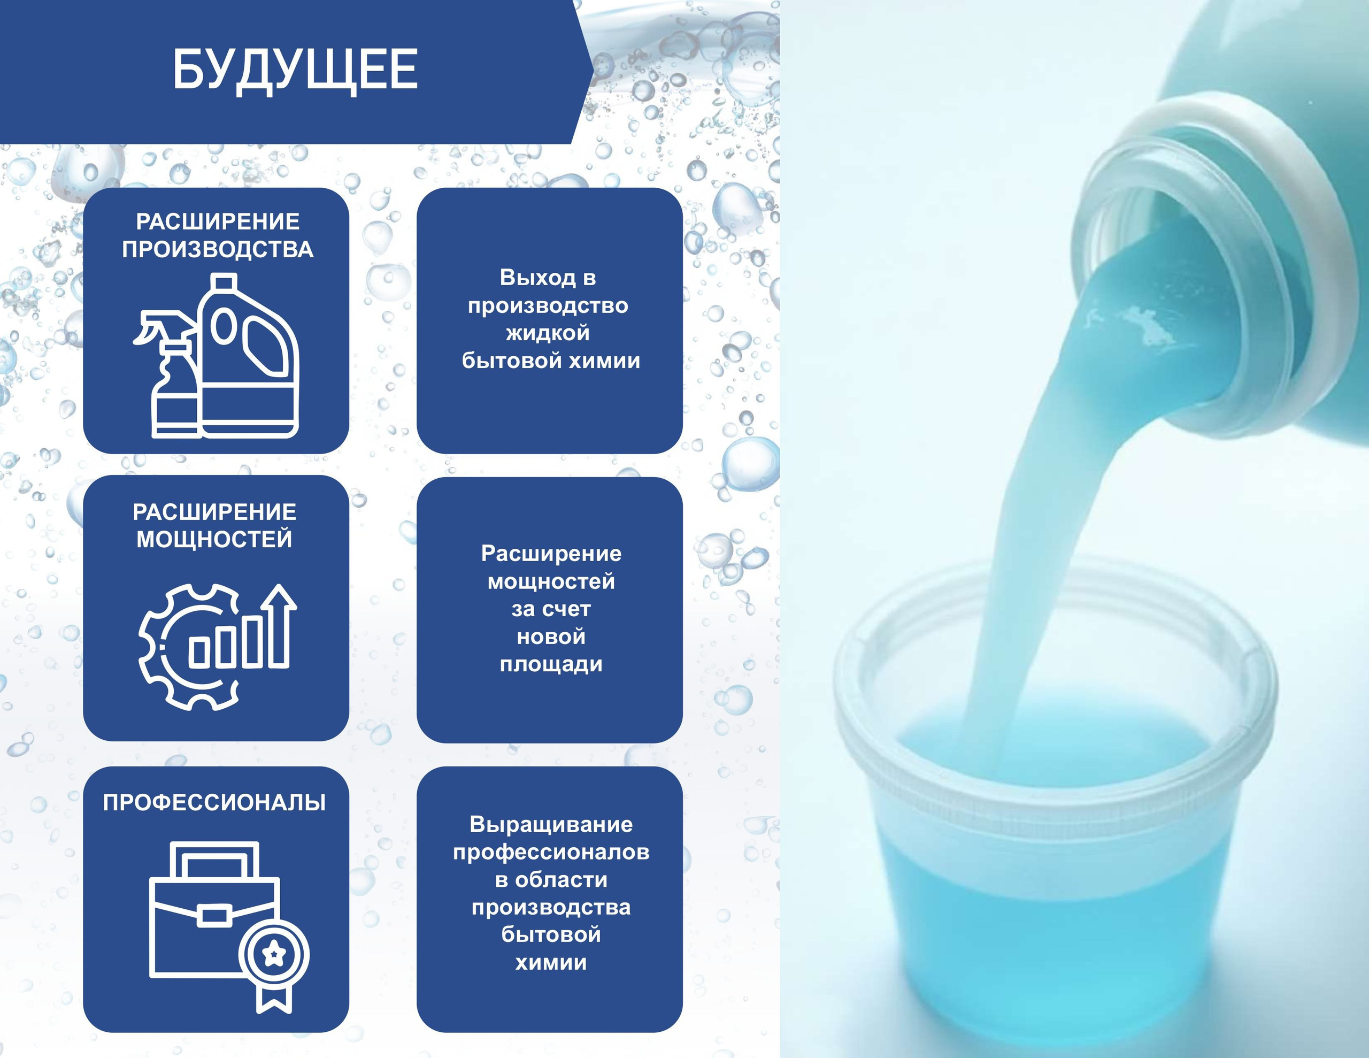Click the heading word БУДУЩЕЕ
[295, 70]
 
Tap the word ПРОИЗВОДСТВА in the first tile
[218, 250]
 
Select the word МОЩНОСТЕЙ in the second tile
[214, 539]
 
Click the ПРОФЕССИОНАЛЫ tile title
[214, 803]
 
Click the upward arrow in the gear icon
[280, 625]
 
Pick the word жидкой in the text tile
[548, 333]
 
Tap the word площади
[551, 664]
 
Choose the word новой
[551, 637]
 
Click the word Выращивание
[551, 824]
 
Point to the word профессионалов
[551, 852]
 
